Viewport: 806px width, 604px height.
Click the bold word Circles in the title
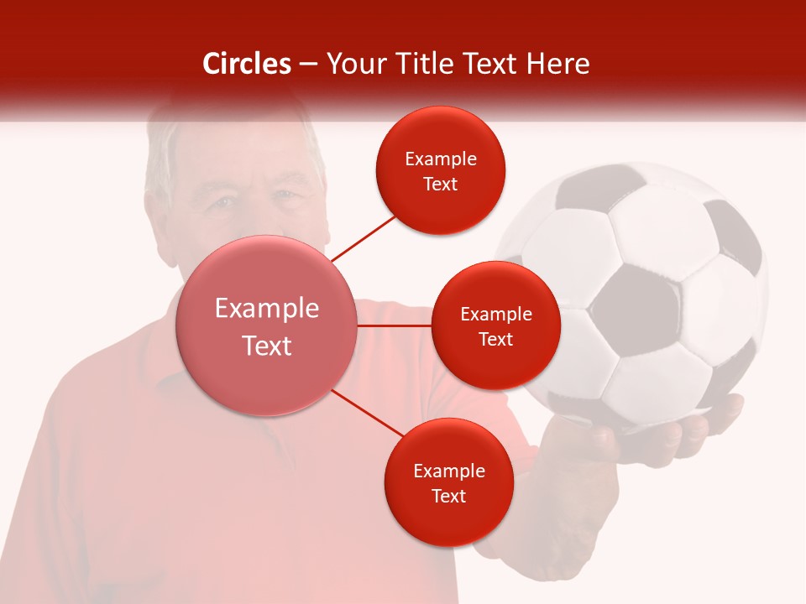coord(247,64)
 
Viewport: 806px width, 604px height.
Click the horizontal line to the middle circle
coord(395,325)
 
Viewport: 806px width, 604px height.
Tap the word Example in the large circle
coord(267,309)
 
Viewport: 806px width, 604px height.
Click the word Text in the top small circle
coord(441,184)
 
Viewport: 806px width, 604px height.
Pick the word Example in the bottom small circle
coord(448,471)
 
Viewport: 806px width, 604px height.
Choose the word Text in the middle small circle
coord(496,339)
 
